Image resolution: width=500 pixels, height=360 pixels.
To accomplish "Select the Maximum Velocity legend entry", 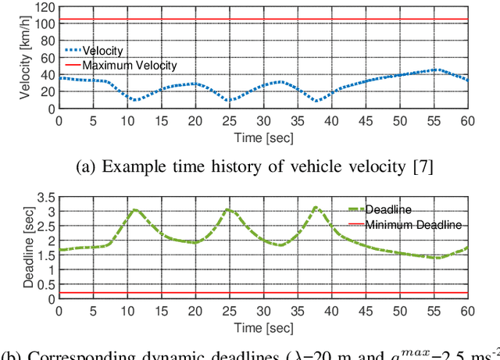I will pyautogui.click(x=130, y=65).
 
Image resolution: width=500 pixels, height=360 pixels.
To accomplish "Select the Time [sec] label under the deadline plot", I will pyautogui.click(x=262, y=326).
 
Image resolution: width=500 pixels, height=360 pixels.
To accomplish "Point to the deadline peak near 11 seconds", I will pyautogui.click(x=134, y=209).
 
